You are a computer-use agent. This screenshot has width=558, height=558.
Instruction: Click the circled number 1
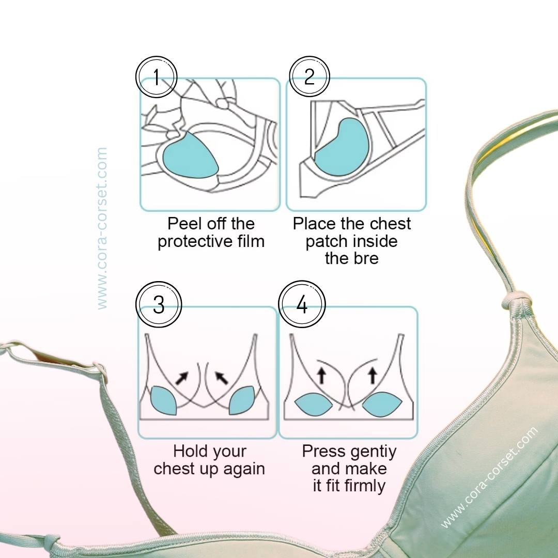156,77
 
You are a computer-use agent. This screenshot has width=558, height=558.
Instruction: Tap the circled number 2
309,76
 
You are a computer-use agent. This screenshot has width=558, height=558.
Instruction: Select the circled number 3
159,305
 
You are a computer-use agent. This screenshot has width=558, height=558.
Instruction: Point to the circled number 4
302,304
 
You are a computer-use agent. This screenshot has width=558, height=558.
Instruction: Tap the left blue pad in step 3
164,400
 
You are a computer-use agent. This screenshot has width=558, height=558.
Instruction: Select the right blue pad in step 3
241,400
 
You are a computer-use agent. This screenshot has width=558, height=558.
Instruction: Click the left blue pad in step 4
314,404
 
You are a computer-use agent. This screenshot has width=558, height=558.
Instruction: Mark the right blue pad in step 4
382,404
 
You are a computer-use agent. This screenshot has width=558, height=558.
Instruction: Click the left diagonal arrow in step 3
182,378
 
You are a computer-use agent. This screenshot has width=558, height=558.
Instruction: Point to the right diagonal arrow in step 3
221,378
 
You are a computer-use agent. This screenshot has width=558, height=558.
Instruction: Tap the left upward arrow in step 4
322,376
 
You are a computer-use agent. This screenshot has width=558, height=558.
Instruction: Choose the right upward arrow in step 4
373,376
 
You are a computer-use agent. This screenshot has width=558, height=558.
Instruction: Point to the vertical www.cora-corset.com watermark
102,228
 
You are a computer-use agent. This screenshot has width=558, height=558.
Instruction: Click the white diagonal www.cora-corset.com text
489,477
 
